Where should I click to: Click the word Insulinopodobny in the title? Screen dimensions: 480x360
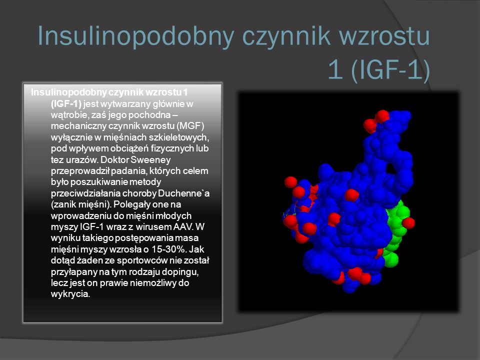135,36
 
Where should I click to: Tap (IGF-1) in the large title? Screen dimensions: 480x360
390,70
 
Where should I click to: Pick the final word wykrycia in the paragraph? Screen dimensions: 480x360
70,294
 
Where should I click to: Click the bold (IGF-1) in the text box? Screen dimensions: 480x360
66,104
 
